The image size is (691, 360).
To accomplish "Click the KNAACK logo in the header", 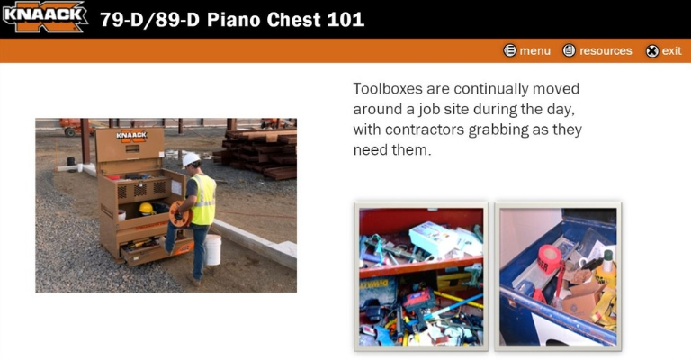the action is pyautogui.click(x=44, y=17).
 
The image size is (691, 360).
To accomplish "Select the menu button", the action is pyautogui.click(x=527, y=51).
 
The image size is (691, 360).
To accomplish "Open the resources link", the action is pyautogui.click(x=597, y=51).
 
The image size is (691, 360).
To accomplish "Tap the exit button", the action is pyautogui.click(x=664, y=51).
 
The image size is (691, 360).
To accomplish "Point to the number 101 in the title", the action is pyautogui.click(x=345, y=20).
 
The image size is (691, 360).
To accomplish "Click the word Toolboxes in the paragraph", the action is pyautogui.click(x=388, y=89).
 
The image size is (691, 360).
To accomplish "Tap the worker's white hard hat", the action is pyautogui.click(x=191, y=159).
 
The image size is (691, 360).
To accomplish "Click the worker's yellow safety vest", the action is pyautogui.click(x=203, y=199).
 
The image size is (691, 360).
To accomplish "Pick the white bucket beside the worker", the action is pyautogui.click(x=213, y=249).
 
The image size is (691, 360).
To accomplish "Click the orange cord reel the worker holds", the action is pyautogui.click(x=180, y=214).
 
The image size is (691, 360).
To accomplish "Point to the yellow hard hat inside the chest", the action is pyautogui.click(x=146, y=209).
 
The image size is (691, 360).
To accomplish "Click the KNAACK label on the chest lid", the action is pyautogui.click(x=131, y=136).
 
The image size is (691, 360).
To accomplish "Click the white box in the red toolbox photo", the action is pyautogui.click(x=434, y=239).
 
